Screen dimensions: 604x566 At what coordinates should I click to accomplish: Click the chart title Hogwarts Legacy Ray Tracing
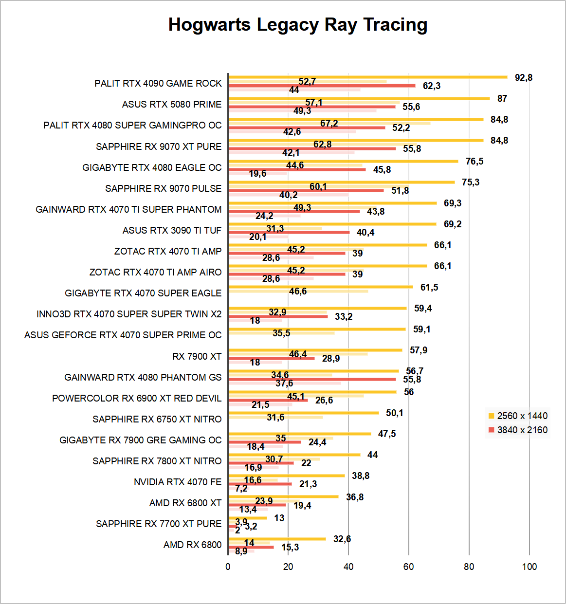[297, 24]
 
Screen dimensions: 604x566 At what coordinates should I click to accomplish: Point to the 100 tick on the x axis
[529, 567]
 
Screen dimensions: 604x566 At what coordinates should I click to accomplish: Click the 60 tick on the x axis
[408, 567]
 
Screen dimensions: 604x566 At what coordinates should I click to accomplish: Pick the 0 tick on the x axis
[228, 567]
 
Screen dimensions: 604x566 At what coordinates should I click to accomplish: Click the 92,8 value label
[524, 77]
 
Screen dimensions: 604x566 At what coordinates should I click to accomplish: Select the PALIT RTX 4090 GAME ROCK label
[158, 83]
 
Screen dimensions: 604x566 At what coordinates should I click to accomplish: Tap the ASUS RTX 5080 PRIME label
[171, 104]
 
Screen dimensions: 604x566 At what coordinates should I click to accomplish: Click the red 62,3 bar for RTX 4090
[321, 86]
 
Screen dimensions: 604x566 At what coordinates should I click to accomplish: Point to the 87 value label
[502, 98]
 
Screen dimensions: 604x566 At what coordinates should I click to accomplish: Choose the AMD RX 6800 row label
[192, 545]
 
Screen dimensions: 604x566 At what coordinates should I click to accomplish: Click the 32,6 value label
[342, 539]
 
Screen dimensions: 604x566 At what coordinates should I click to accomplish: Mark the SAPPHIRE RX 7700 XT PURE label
[158, 524]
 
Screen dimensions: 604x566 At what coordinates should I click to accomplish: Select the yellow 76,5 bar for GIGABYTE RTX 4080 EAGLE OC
[343, 161]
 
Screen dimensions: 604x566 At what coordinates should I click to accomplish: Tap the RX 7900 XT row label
[197, 356]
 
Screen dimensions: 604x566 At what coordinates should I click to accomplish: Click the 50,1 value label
[395, 413]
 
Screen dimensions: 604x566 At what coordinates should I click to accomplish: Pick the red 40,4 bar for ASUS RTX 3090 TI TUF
[289, 232]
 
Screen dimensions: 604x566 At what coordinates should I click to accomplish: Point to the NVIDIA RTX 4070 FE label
[177, 482]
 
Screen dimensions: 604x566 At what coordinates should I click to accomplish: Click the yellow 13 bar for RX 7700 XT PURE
[247, 518]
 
